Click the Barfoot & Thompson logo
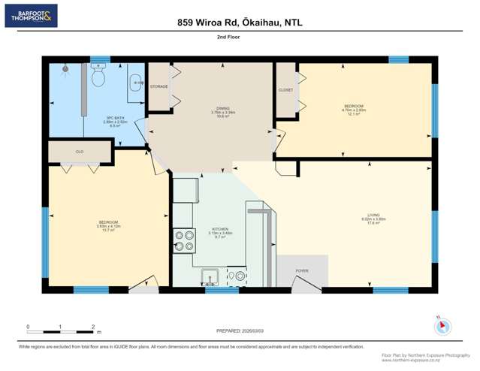tap(31, 16)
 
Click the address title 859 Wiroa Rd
tap(240, 23)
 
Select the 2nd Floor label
tap(240, 44)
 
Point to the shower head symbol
tap(65, 68)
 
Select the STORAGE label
tap(158, 86)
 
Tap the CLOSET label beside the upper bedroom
tap(285, 89)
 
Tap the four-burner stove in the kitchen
tap(184, 240)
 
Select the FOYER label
tap(301, 270)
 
